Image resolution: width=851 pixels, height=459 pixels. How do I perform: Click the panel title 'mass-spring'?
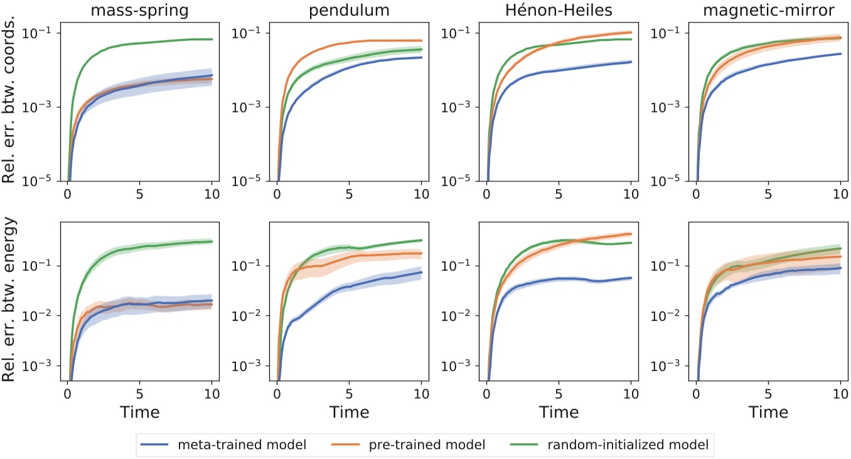click(139, 11)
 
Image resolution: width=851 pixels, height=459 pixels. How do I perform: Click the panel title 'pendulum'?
click(349, 11)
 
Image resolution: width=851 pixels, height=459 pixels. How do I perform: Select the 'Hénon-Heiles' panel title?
click(558, 11)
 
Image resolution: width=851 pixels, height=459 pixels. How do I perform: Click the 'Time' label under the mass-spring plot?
click(139, 412)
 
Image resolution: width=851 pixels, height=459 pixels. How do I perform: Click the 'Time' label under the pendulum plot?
click(349, 412)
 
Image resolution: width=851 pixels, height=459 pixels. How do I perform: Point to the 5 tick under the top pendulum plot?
click(349, 193)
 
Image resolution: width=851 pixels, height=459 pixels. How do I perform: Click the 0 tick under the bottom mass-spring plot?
click(67, 394)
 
